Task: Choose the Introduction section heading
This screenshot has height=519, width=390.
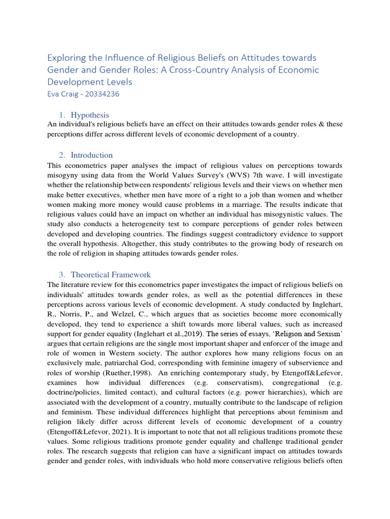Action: (91, 155)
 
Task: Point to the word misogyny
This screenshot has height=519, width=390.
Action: (64, 175)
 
